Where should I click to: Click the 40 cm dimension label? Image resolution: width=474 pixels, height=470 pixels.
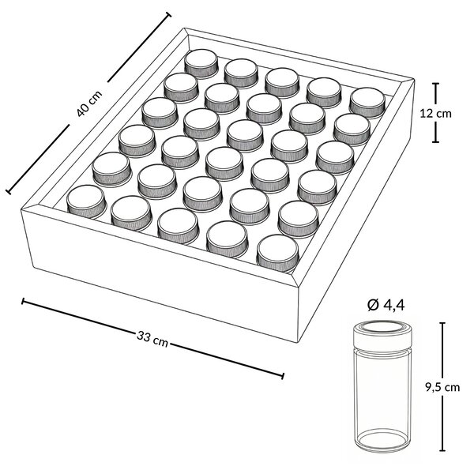(89, 103)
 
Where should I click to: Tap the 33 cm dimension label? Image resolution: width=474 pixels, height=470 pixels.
(152, 339)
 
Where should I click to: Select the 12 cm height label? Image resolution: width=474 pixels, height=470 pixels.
(435, 113)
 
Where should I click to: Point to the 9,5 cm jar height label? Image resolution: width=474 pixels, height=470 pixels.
(442, 387)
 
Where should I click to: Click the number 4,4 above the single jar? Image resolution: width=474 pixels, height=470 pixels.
(394, 306)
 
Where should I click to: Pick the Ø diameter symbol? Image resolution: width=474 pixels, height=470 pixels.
(373, 306)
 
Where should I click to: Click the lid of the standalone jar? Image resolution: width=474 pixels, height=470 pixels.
(382, 335)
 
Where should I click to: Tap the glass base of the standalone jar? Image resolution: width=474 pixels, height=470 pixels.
(382, 442)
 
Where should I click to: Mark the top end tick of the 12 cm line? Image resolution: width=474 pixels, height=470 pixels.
(435, 84)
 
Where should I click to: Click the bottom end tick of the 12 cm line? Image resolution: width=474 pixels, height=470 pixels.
(435, 141)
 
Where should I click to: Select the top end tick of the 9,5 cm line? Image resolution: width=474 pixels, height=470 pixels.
(443, 323)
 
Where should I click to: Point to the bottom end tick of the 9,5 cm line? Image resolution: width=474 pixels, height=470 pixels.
(443, 458)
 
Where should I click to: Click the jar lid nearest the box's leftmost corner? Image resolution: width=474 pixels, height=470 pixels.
(86, 201)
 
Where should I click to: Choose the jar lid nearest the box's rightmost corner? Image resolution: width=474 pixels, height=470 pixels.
(367, 102)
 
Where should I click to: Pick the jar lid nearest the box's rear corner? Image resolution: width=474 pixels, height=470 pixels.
(201, 62)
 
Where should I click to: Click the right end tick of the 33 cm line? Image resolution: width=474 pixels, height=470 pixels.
(283, 376)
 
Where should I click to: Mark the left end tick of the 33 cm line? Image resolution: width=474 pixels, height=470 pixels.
(23, 301)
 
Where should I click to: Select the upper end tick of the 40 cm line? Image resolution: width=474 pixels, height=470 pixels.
(168, 15)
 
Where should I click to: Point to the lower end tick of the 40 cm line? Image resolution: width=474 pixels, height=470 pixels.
(9, 192)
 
